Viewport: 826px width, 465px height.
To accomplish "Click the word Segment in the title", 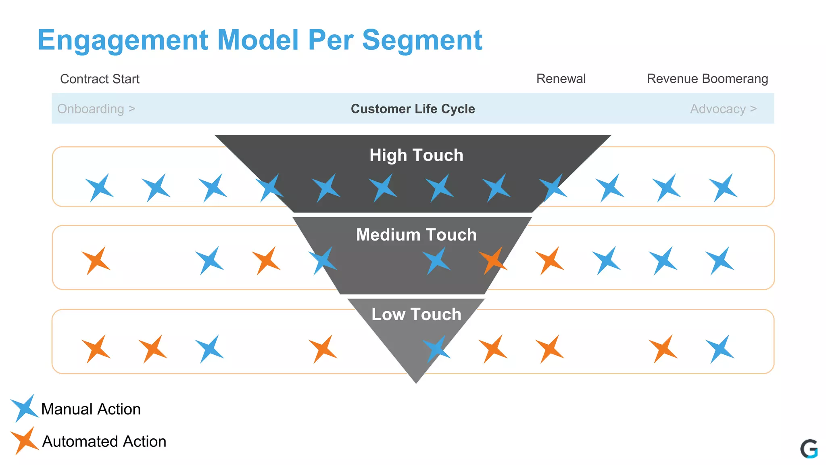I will coord(422,40).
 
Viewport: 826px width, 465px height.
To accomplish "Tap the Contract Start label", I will coord(100,79).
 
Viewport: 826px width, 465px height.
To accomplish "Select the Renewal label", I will coord(561,79).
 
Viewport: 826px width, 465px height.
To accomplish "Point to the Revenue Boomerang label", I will coord(707,79).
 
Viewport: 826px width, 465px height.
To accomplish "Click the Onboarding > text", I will coord(96,109).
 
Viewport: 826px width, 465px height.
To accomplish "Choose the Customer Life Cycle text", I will coord(413,109).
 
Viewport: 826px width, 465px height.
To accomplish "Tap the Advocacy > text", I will coord(723,109).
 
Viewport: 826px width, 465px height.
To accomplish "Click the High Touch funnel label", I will coord(416,155).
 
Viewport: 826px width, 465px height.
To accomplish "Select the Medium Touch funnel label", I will coord(416,235).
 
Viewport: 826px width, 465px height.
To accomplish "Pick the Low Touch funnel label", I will coord(416,314).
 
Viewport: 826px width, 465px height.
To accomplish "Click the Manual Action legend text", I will coord(91,409).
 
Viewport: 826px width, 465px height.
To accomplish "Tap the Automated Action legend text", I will coord(104,442).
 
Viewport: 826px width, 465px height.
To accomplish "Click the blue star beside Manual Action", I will coord(24,408).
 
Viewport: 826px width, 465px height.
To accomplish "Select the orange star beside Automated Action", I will coord(24,441).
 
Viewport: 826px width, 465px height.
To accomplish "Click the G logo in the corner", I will coord(809,449).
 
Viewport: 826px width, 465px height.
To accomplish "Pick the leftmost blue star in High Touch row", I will coord(99,188).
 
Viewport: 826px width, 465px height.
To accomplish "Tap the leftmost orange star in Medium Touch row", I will coord(96,261).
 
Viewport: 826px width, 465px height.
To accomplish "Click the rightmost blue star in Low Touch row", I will coord(720,349).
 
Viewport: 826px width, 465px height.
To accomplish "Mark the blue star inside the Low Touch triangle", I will coord(436,349).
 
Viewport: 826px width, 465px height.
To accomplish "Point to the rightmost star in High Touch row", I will coord(724,188).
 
